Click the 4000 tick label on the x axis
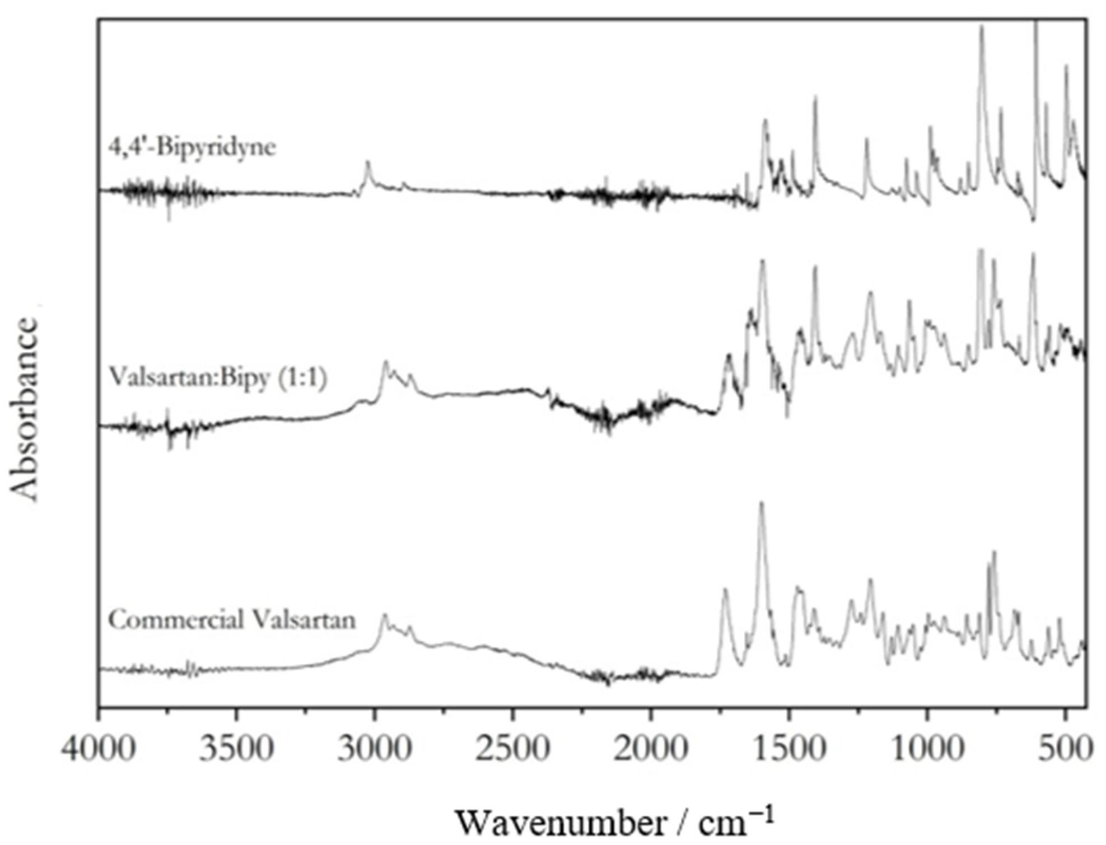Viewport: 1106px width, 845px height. [x=99, y=749]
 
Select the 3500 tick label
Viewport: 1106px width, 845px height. [x=237, y=749]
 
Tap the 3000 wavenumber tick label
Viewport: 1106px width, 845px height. [x=375, y=749]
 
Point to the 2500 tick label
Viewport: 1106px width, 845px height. [x=512, y=749]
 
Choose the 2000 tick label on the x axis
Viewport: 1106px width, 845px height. [x=651, y=749]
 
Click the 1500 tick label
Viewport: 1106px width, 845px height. [x=789, y=749]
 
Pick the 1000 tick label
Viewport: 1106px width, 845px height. [x=927, y=749]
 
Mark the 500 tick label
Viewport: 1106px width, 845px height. [x=1065, y=749]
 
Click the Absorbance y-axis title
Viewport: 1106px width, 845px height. [x=25, y=409]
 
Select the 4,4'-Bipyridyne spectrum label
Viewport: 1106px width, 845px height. [x=192, y=147]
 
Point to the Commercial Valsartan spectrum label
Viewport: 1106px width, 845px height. [x=232, y=620]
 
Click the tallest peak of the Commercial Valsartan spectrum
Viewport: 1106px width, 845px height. [x=761, y=503]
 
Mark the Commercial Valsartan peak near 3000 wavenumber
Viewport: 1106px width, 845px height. [x=384, y=615]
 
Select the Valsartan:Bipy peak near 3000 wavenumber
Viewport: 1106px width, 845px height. [x=385, y=363]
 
